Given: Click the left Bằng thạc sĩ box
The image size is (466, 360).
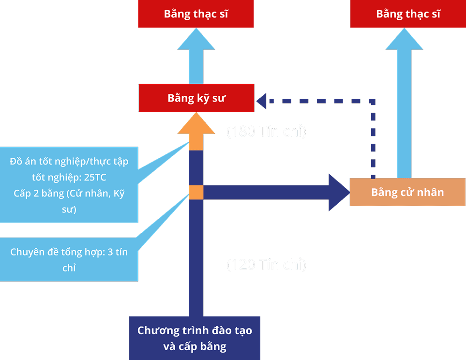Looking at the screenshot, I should [x=196, y=14].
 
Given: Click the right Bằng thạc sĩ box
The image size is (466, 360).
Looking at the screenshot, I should [x=408, y=14].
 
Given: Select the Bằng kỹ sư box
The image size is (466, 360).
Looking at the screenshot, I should [x=196, y=98].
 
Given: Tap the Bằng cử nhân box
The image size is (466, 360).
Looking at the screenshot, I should [x=407, y=192].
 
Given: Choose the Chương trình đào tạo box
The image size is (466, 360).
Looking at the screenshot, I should [x=195, y=338].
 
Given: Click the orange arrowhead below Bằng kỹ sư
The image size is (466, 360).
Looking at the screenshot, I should [x=196, y=126].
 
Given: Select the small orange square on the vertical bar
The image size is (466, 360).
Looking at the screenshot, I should [x=196, y=192].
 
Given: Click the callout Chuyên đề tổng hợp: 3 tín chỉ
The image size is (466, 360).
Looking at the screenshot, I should [x=69, y=260].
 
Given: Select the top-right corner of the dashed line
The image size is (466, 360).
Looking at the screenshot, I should [x=373, y=101].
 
